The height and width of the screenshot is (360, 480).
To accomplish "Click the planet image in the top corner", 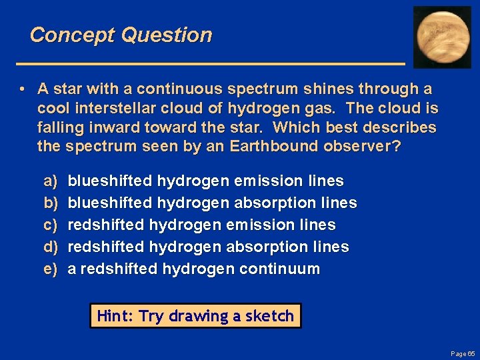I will pos(442,37).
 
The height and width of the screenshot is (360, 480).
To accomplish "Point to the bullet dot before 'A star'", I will pos(23,89).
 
